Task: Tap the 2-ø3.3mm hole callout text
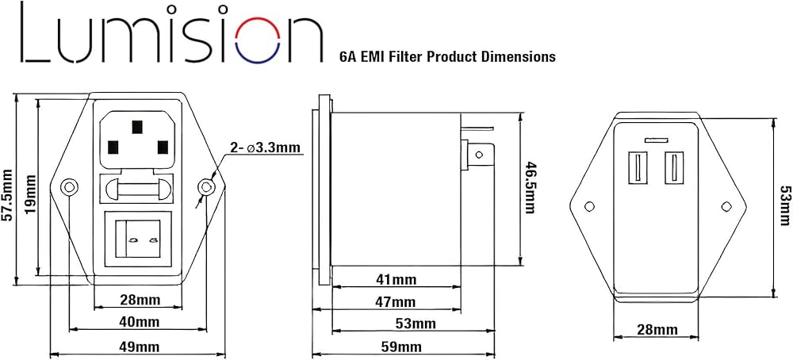click(265, 147)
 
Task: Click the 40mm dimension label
click(139, 322)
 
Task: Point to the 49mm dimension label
click(139, 347)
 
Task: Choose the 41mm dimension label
click(396, 280)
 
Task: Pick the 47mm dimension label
click(396, 302)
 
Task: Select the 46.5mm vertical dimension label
click(530, 187)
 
